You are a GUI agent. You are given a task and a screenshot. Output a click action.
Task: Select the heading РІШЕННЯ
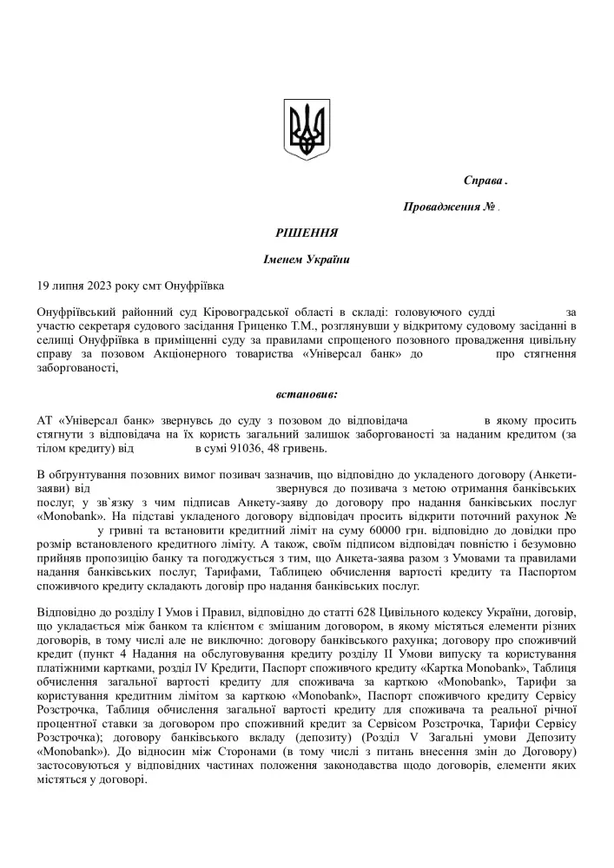[307, 233]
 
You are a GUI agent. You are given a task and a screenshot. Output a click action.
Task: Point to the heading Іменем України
[307, 259]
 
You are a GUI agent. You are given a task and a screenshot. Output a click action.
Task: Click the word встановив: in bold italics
[307, 393]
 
